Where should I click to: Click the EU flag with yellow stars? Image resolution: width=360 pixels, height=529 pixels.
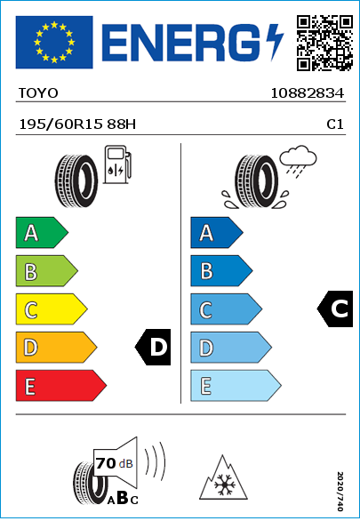coord(54,42)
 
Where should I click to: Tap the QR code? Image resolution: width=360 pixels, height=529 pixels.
coord(324,43)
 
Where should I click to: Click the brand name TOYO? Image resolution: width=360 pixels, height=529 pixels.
coord(38,93)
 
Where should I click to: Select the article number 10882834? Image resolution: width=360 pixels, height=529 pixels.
coord(308,93)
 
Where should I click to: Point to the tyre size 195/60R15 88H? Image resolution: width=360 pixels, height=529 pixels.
coord(77,124)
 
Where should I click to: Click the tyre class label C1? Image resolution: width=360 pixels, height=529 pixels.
coord(335,124)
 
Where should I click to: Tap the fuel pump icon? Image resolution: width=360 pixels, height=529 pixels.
coord(117,164)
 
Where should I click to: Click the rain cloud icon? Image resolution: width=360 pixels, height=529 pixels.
coord(299,161)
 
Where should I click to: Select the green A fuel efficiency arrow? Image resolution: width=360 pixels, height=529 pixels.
coord(42,233)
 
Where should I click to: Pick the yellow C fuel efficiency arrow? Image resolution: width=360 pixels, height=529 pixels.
coord(52,309)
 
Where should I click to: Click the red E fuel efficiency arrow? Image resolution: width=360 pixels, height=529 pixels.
coord(61,386)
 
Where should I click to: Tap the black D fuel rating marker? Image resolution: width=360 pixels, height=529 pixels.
coord(153,347)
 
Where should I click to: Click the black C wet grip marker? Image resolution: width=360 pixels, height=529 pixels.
coord(335,309)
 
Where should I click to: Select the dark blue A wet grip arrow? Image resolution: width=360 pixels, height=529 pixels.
coord(217,233)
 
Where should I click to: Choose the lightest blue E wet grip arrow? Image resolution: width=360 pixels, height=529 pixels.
coord(236,386)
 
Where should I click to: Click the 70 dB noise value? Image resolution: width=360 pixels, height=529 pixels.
coord(115,463)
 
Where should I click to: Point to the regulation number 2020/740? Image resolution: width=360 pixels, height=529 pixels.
coord(340,491)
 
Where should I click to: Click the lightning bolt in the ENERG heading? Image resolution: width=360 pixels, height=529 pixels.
coord(275,42)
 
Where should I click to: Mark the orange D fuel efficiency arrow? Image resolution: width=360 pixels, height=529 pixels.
coord(56,348)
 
